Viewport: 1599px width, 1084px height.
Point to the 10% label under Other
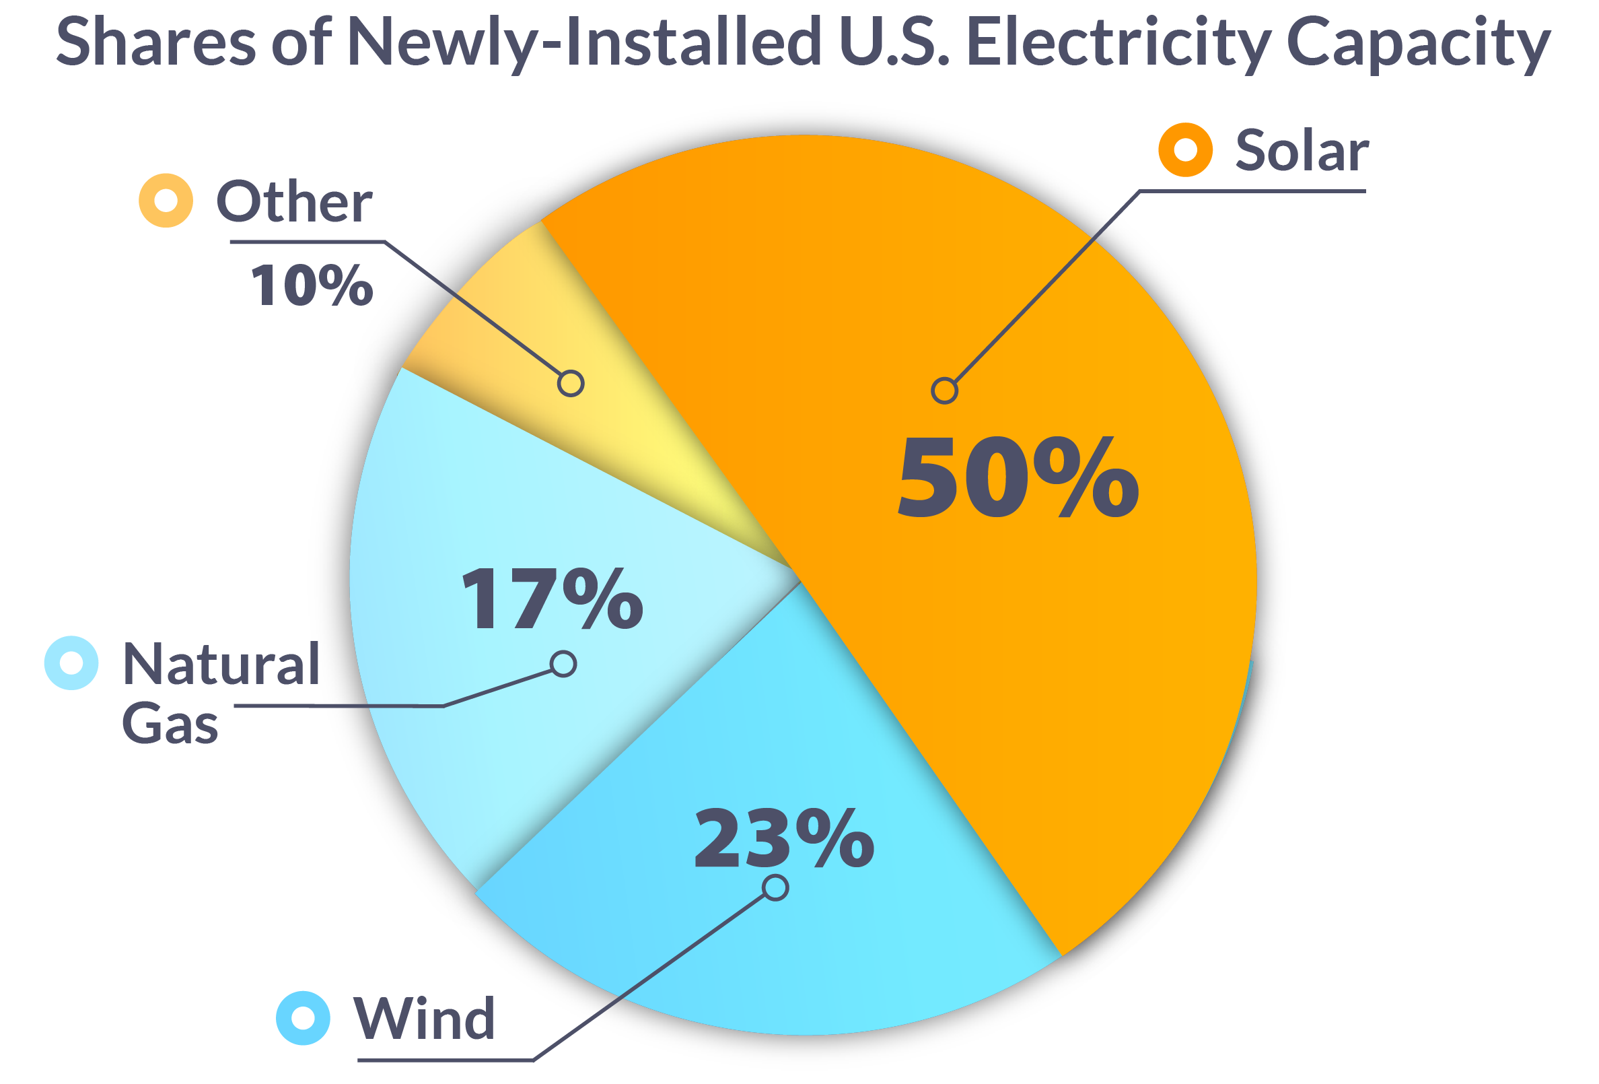point(312,285)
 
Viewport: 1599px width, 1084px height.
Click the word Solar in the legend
point(1300,151)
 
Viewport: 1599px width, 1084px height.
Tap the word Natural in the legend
point(221,664)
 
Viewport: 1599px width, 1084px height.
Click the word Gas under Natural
point(170,723)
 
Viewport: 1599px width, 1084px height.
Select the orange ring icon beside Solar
point(1185,149)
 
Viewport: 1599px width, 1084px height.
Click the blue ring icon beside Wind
point(303,1018)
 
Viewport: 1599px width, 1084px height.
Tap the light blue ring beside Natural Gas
point(71,663)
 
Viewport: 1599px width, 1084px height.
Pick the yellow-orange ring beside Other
point(166,200)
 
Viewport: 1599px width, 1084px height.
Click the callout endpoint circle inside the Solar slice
point(944,391)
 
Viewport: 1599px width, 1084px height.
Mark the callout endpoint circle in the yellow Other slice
point(571,382)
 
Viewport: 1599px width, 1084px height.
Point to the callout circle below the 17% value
point(563,663)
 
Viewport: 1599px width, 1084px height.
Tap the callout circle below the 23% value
point(775,888)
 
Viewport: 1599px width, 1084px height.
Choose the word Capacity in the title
point(1417,42)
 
